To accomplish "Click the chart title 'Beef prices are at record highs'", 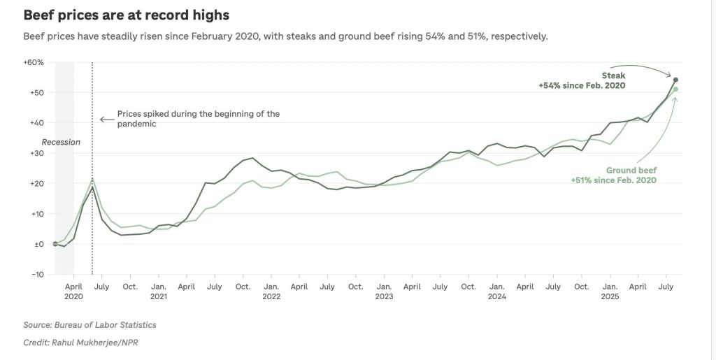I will point(127,15).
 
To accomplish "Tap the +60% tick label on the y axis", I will point(34,62).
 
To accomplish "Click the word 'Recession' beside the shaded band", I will point(62,142).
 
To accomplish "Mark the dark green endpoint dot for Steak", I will point(675,80).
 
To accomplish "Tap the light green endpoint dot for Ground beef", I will point(675,89).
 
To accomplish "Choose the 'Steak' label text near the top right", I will point(613,75).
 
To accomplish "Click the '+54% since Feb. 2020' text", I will point(581,85).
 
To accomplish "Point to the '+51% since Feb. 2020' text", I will point(614,180).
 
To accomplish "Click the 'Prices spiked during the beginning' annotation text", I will point(198,114).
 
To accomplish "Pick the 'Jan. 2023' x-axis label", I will point(383,291).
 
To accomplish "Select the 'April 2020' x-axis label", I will point(74,291).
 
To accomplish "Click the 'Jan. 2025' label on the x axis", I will point(610,291).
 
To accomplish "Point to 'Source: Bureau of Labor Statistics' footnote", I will point(89,324).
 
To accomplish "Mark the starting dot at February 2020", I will point(55,244).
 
